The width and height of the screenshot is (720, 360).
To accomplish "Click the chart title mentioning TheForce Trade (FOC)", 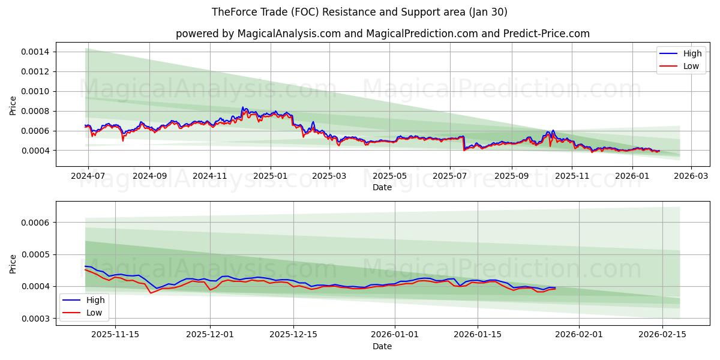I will (359, 12).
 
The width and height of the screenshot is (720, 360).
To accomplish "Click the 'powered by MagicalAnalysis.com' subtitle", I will (382, 34).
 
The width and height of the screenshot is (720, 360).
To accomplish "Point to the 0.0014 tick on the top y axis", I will (35, 52).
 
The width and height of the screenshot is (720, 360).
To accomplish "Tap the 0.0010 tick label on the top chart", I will (35, 91).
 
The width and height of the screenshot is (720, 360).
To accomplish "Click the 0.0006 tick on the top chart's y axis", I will (35, 131).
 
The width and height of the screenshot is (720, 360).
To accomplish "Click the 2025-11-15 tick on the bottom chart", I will (115, 335).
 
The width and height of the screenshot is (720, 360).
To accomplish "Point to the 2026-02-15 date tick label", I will (662, 335).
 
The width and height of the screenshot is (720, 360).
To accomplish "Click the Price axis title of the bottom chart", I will (13, 263).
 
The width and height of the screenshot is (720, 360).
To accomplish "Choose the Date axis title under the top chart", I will (382, 187).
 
